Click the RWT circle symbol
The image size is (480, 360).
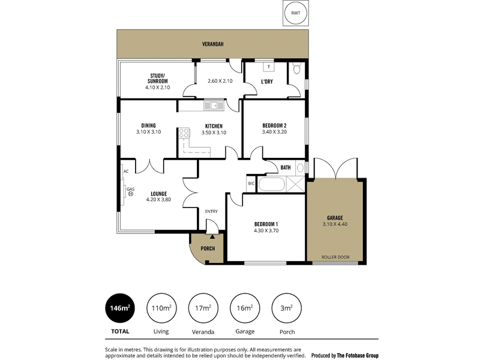coord(296,13)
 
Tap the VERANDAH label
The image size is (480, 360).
coord(213,44)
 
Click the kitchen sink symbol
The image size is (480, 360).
coord(213,106)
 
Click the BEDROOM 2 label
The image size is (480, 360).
coord(278,125)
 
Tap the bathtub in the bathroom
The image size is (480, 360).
coord(273,184)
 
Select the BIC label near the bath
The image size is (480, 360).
coord(251,184)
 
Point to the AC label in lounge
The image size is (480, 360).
coord(126,172)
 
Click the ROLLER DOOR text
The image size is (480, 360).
coord(334,256)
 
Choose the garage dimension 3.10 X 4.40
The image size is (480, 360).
coord(334,224)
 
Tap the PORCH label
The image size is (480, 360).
coord(208,248)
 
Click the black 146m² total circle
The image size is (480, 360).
coord(119,308)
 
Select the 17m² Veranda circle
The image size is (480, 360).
coord(203,308)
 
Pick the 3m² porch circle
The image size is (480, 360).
coord(286,308)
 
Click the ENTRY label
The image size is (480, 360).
coord(211,211)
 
